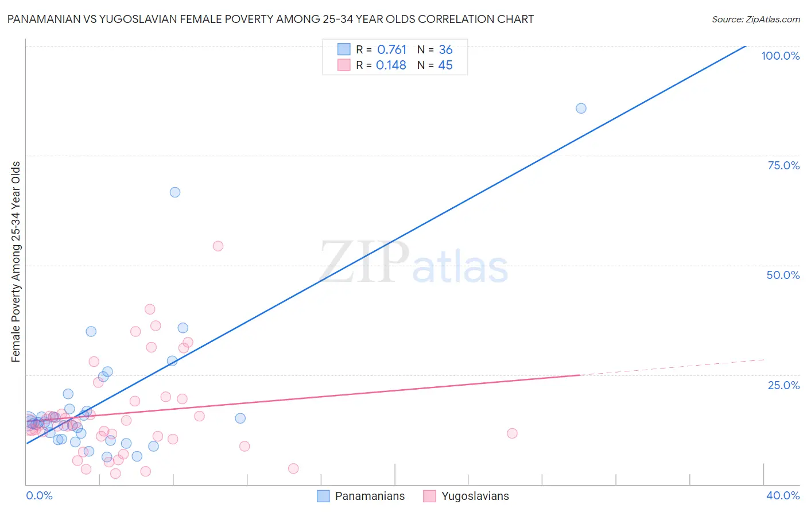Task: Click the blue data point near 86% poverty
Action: pos(581,108)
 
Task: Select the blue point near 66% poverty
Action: pos(175,192)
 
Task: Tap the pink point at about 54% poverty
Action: pos(218,246)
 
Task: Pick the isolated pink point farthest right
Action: pos(512,433)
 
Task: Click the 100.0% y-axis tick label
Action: pos(780,56)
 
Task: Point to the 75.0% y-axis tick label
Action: pos(783,165)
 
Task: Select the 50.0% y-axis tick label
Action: pos(782,275)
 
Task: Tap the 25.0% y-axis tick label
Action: pos(783,385)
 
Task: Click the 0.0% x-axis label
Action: pos(39,495)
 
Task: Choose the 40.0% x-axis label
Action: pos(782,495)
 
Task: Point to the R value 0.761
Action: pos(391,50)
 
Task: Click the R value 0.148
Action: pos(391,65)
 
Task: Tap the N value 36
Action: pos(445,50)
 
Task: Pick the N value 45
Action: pos(445,65)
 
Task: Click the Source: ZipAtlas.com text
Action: pos(755,20)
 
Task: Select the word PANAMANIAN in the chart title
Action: pos(40,20)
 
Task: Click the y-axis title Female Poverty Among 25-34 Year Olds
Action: pos(16,262)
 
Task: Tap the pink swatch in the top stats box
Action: pos(344,65)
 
